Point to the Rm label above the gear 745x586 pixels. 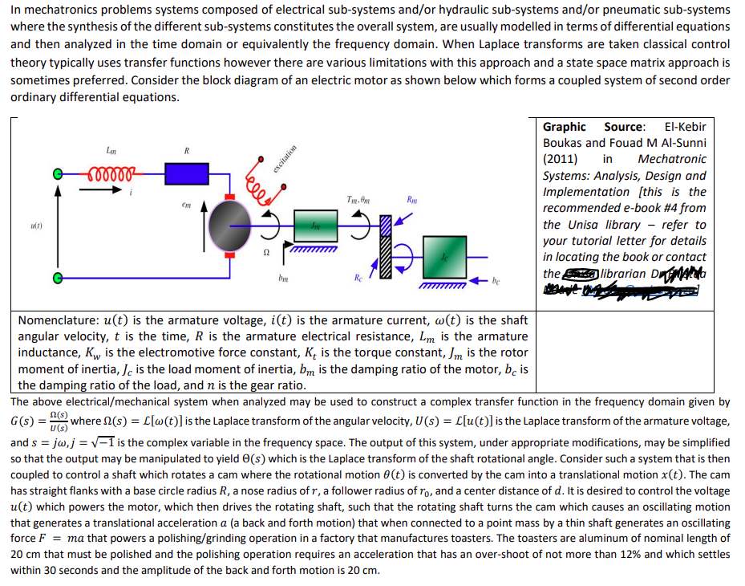tap(411, 199)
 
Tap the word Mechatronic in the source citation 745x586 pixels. tap(672, 159)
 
